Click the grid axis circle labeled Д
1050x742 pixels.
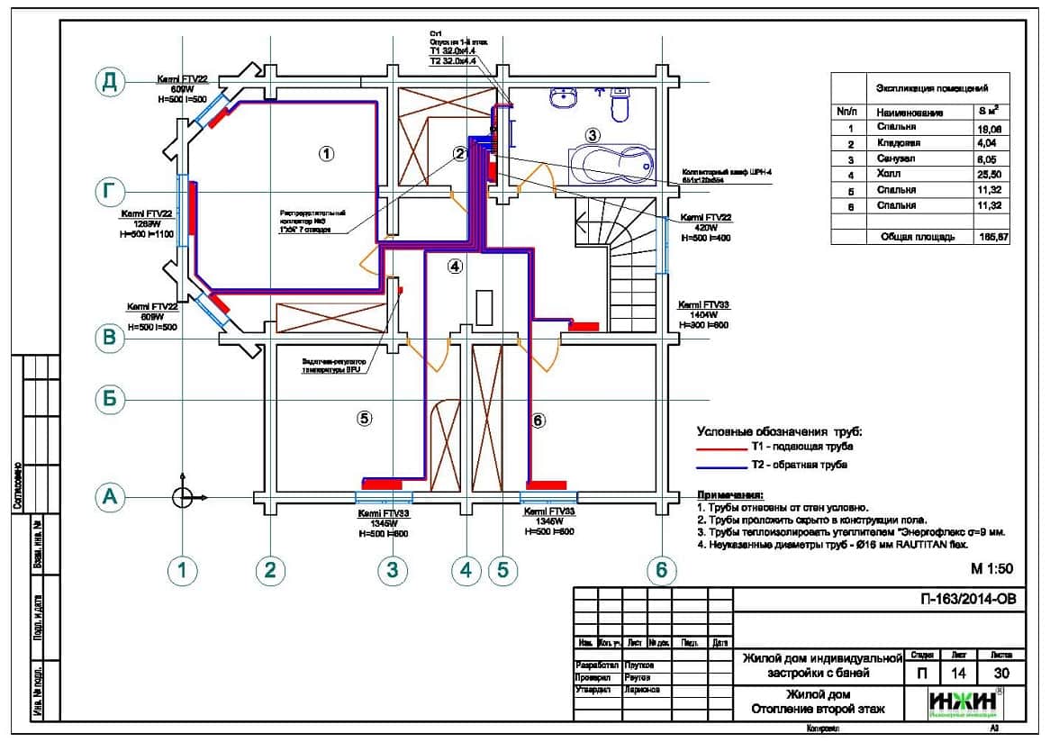click(110, 82)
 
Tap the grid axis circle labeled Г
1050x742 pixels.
click(110, 191)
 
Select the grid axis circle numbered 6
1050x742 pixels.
click(662, 569)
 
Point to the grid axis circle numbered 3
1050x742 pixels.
click(392, 569)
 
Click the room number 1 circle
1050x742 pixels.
click(327, 153)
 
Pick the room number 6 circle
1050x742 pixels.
click(539, 420)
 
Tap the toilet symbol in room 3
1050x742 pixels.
click(620, 106)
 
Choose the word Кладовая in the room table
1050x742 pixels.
click(896, 142)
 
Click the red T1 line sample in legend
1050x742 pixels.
click(720, 448)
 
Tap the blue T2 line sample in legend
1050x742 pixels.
click(720, 466)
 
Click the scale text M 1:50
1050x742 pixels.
click(992, 569)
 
